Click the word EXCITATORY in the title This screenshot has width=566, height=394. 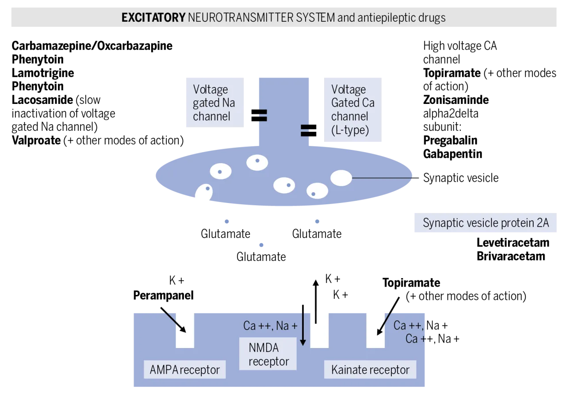(x=153, y=18)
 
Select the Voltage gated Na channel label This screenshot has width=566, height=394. (x=214, y=103)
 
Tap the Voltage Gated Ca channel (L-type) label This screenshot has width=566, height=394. (x=352, y=110)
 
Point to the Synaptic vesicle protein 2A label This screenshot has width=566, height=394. (x=486, y=223)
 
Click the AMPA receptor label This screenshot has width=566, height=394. (x=184, y=369)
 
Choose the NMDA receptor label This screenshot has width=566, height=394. (x=268, y=355)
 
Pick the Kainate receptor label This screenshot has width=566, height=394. (x=370, y=369)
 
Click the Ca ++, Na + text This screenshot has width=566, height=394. (x=270, y=326)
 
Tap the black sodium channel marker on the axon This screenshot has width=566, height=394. (x=262, y=115)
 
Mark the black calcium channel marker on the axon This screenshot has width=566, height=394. (x=306, y=130)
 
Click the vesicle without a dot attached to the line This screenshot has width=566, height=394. (x=341, y=178)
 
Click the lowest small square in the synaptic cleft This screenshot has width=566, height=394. (x=262, y=244)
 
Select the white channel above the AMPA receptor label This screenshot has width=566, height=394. (x=185, y=328)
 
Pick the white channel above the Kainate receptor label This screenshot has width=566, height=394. (x=375, y=328)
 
